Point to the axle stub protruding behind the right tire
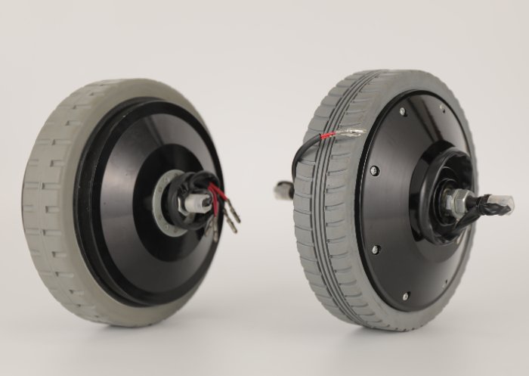pos(283,191)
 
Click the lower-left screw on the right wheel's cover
pos(374,248)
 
